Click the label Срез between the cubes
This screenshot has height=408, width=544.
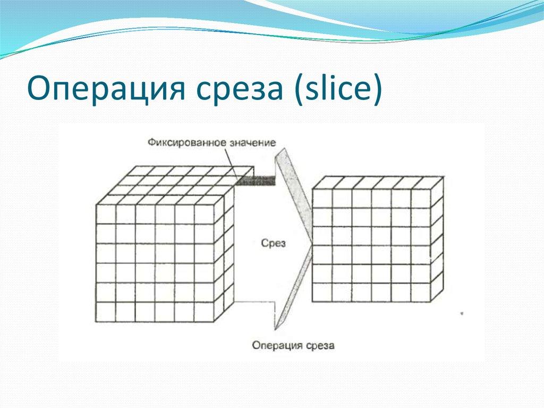coord(274,243)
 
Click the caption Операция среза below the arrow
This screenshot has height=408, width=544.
coord(293,345)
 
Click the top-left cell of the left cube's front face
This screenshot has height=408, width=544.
coord(105,213)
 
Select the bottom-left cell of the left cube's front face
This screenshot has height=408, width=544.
coord(105,312)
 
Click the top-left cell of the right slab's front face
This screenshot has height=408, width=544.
coord(322,198)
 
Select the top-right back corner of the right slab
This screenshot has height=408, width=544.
coord(443,177)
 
